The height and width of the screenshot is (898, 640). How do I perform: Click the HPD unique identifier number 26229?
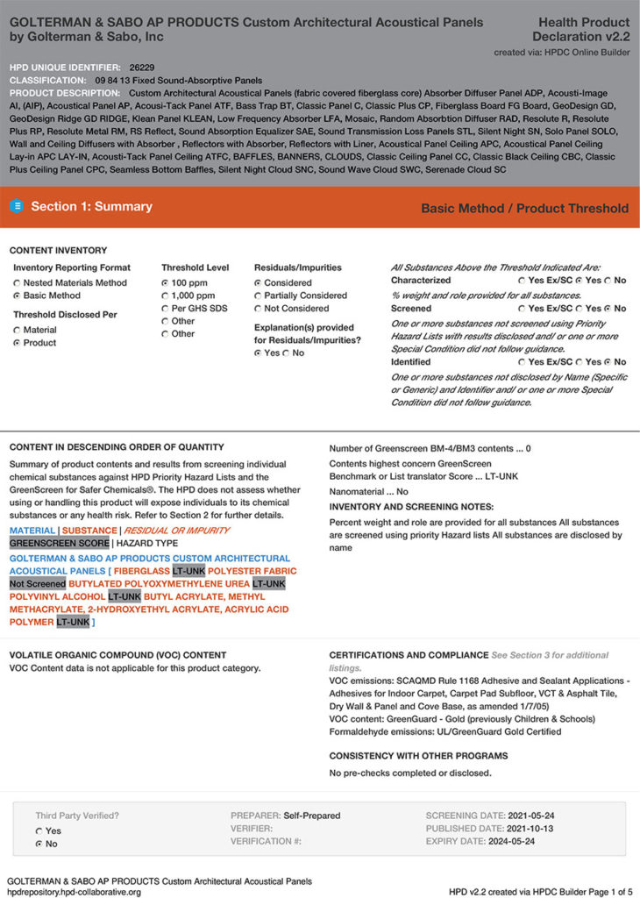click(141, 67)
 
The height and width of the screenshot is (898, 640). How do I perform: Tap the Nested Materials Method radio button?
click(18, 283)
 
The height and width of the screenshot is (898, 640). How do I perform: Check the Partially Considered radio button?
click(258, 296)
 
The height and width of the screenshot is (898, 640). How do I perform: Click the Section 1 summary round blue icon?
click(16, 207)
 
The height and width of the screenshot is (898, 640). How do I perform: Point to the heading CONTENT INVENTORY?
click(58, 251)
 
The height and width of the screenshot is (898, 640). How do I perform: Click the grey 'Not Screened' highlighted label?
click(37, 583)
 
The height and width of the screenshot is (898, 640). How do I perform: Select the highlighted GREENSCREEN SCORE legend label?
click(59, 544)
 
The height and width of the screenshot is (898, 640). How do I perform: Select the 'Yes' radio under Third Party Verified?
click(39, 830)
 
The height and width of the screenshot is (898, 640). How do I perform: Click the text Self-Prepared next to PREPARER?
click(310, 816)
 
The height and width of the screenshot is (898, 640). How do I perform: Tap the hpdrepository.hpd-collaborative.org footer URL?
click(74, 892)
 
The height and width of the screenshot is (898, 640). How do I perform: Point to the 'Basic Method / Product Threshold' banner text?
click(524, 208)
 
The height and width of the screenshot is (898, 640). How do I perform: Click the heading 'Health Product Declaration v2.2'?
click(580, 29)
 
